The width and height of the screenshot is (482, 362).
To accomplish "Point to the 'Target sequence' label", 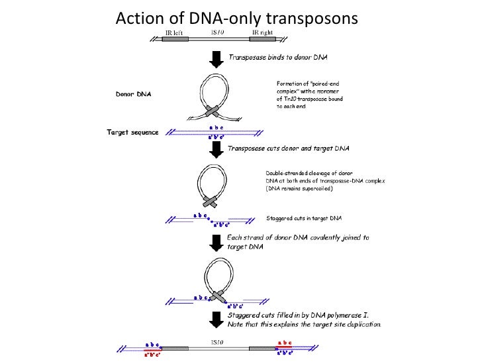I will [133, 132].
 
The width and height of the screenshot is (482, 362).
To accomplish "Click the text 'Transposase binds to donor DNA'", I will [275, 58].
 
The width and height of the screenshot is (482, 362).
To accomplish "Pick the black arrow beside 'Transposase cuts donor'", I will [215, 150].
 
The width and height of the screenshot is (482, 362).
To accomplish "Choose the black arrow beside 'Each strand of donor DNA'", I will [215, 241].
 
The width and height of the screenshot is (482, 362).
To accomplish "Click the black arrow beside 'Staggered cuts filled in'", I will [215, 319].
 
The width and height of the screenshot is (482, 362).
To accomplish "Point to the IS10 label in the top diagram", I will [218, 31].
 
